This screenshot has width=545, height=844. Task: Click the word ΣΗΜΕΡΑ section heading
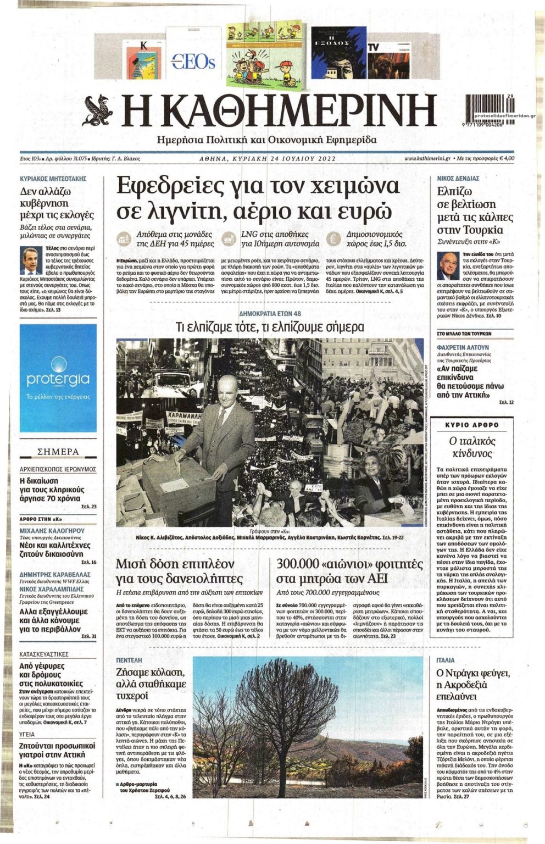tap(58, 452)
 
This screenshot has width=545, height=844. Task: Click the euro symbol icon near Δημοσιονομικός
tap(331, 239)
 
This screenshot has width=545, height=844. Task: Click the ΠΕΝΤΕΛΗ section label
tap(129, 659)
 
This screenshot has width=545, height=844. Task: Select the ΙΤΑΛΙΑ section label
tap(446, 659)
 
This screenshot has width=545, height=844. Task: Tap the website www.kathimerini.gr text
tap(427, 159)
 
